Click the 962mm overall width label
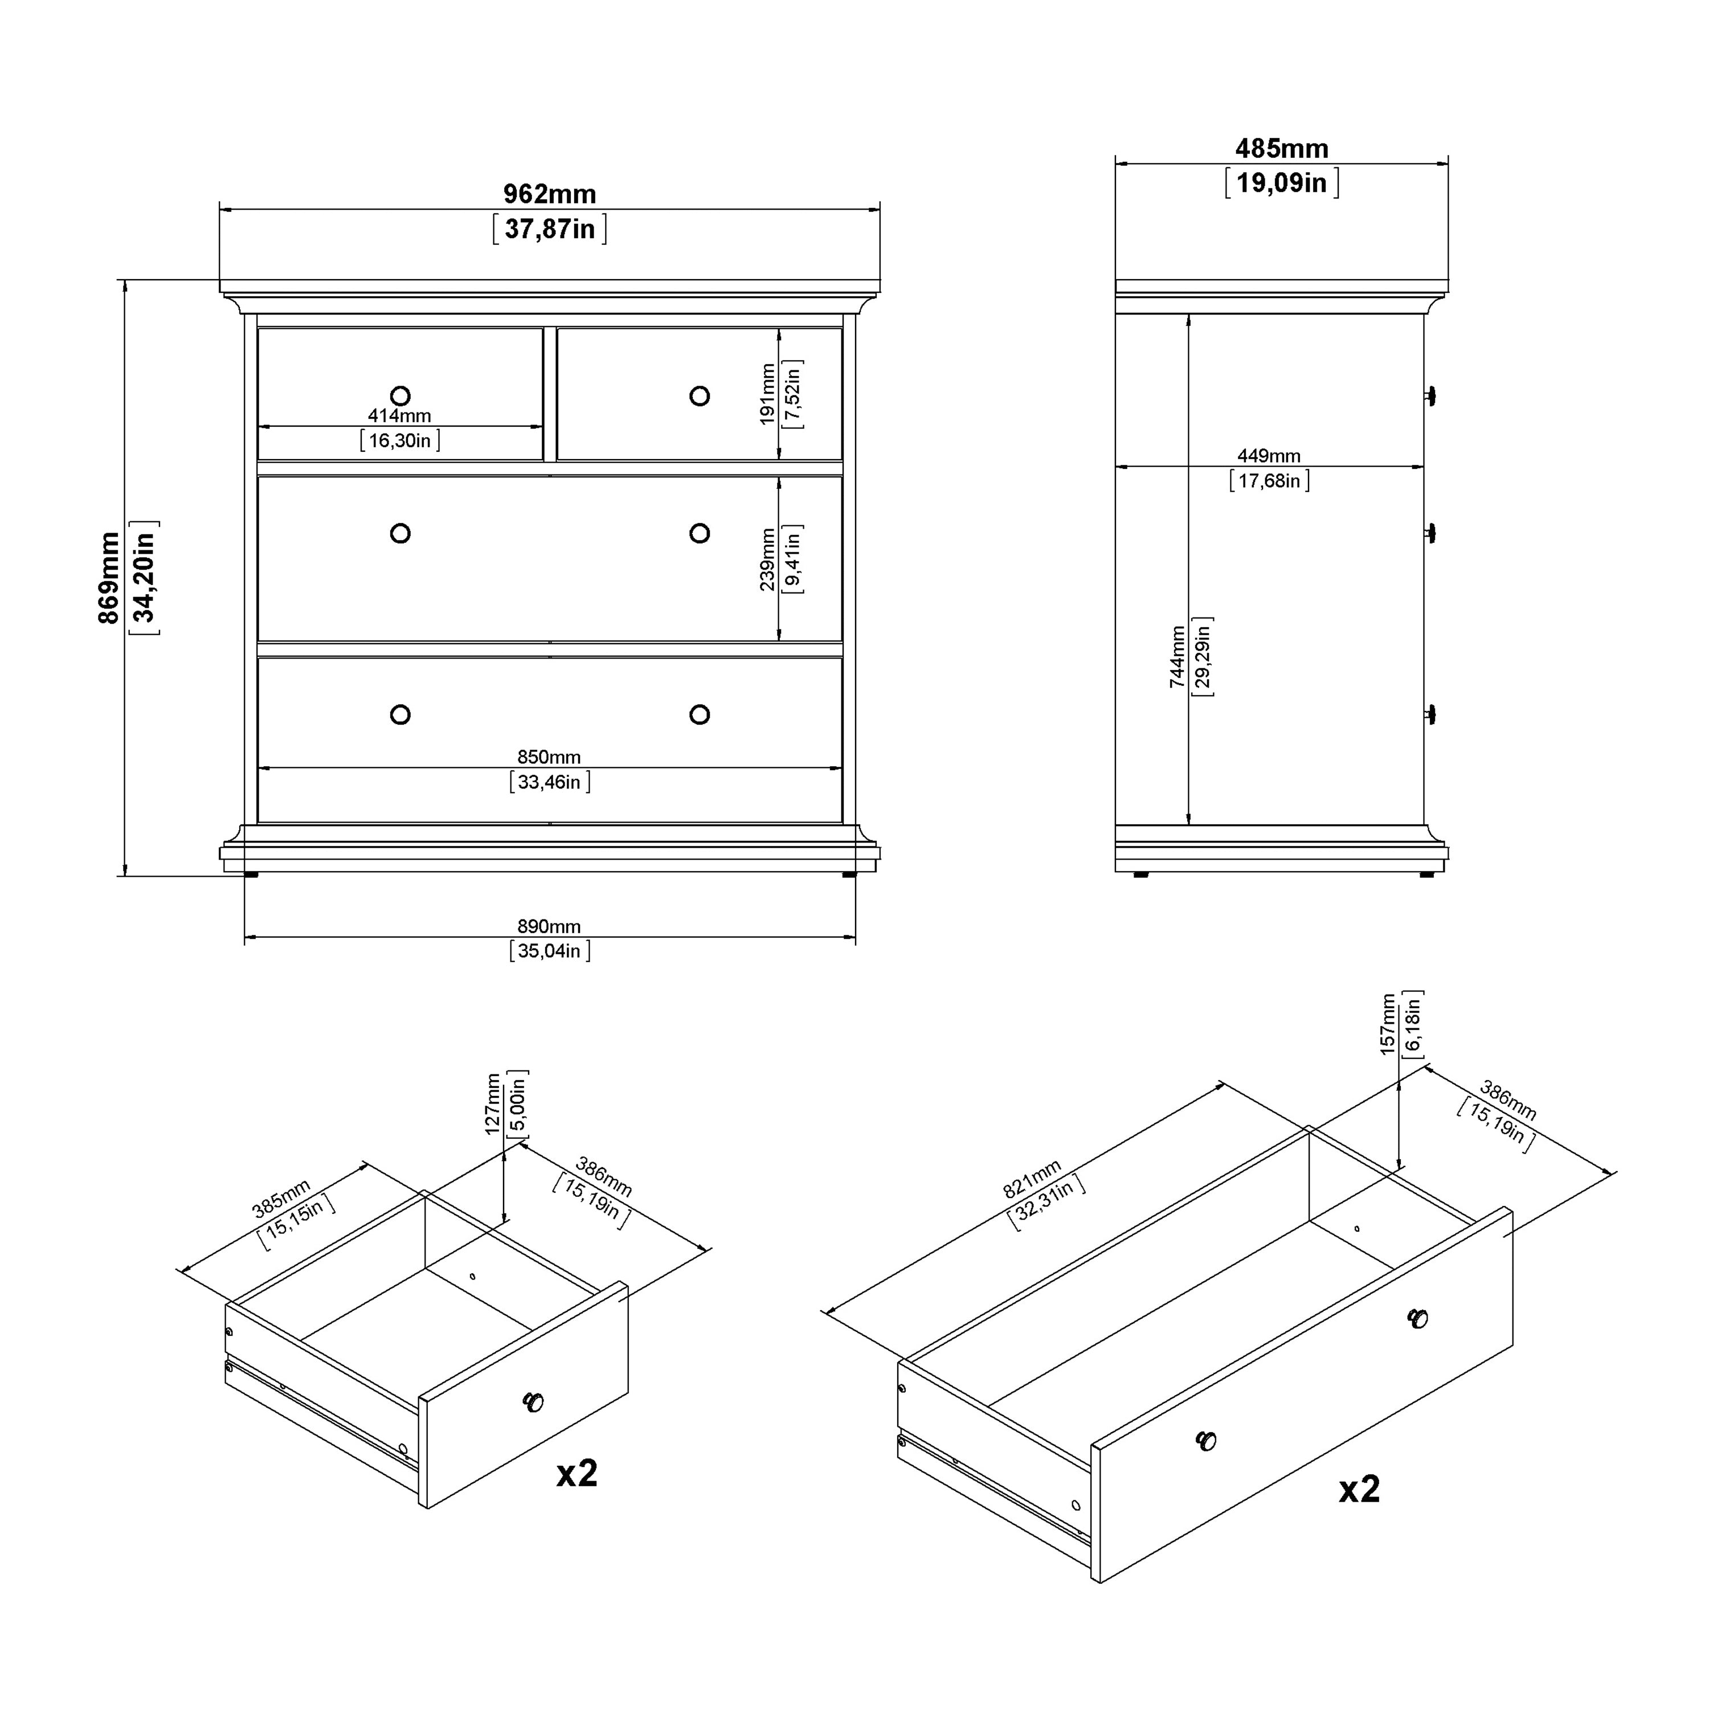point(549,194)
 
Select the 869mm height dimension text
point(108,578)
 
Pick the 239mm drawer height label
point(767,559)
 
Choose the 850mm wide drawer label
point(549,757)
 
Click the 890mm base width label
point(549,926)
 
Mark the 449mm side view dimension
point(1269,456)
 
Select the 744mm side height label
point(1176,656)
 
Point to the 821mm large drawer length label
point(1032,1180)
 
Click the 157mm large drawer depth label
point(1387,1024)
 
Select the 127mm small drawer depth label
point(493,1104)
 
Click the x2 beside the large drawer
point(1359,1490)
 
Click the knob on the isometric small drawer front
point(533,1402)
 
